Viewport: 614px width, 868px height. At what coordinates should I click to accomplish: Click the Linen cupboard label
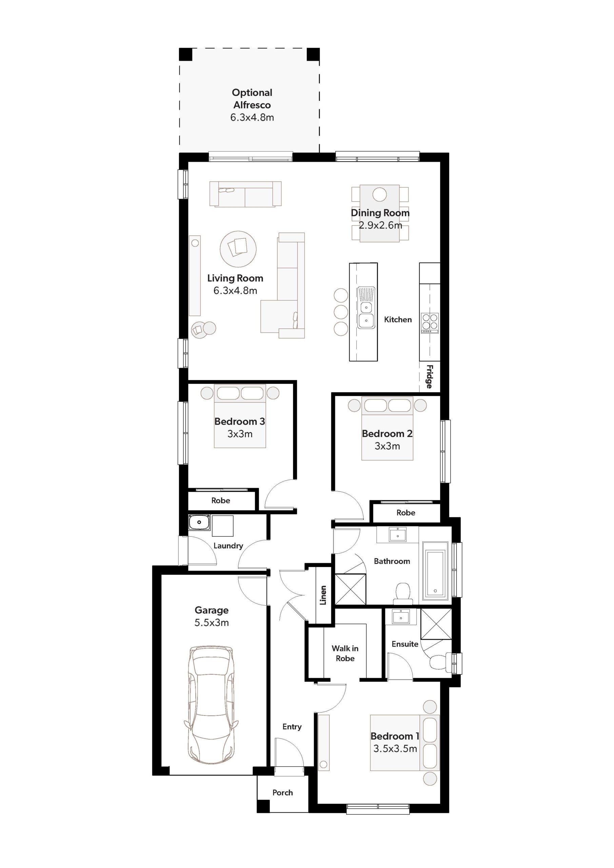(323, 595)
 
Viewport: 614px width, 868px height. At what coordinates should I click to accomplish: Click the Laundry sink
(199, 522)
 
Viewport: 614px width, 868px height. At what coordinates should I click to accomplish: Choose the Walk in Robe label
(345, 653)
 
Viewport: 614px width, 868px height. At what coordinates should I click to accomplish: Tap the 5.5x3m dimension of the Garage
(211, 623)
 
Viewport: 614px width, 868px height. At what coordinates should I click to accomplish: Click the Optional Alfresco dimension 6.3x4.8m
(252, 118)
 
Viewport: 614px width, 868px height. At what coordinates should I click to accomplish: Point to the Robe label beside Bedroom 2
(406, 513)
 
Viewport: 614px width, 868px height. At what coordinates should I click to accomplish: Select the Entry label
(292, 727)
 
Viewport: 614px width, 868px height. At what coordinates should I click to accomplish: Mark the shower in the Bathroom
(351, 589)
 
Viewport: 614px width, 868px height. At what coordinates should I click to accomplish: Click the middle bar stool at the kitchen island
(341, 312)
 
